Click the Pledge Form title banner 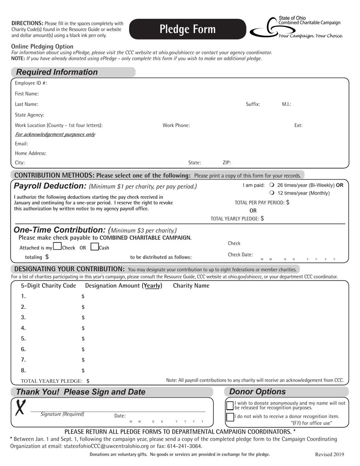188,29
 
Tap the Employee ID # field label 31,83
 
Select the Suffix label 253,104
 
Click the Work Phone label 176,125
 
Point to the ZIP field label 227,163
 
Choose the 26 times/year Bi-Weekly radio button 271,185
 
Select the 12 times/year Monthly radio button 271,193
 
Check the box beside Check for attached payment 57,247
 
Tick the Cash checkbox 94,247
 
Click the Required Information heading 57,72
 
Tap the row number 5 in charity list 23,338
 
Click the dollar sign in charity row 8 83,371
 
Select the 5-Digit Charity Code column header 49,286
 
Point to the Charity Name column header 191,286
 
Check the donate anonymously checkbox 230,405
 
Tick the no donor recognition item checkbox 230,417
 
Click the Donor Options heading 258,392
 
